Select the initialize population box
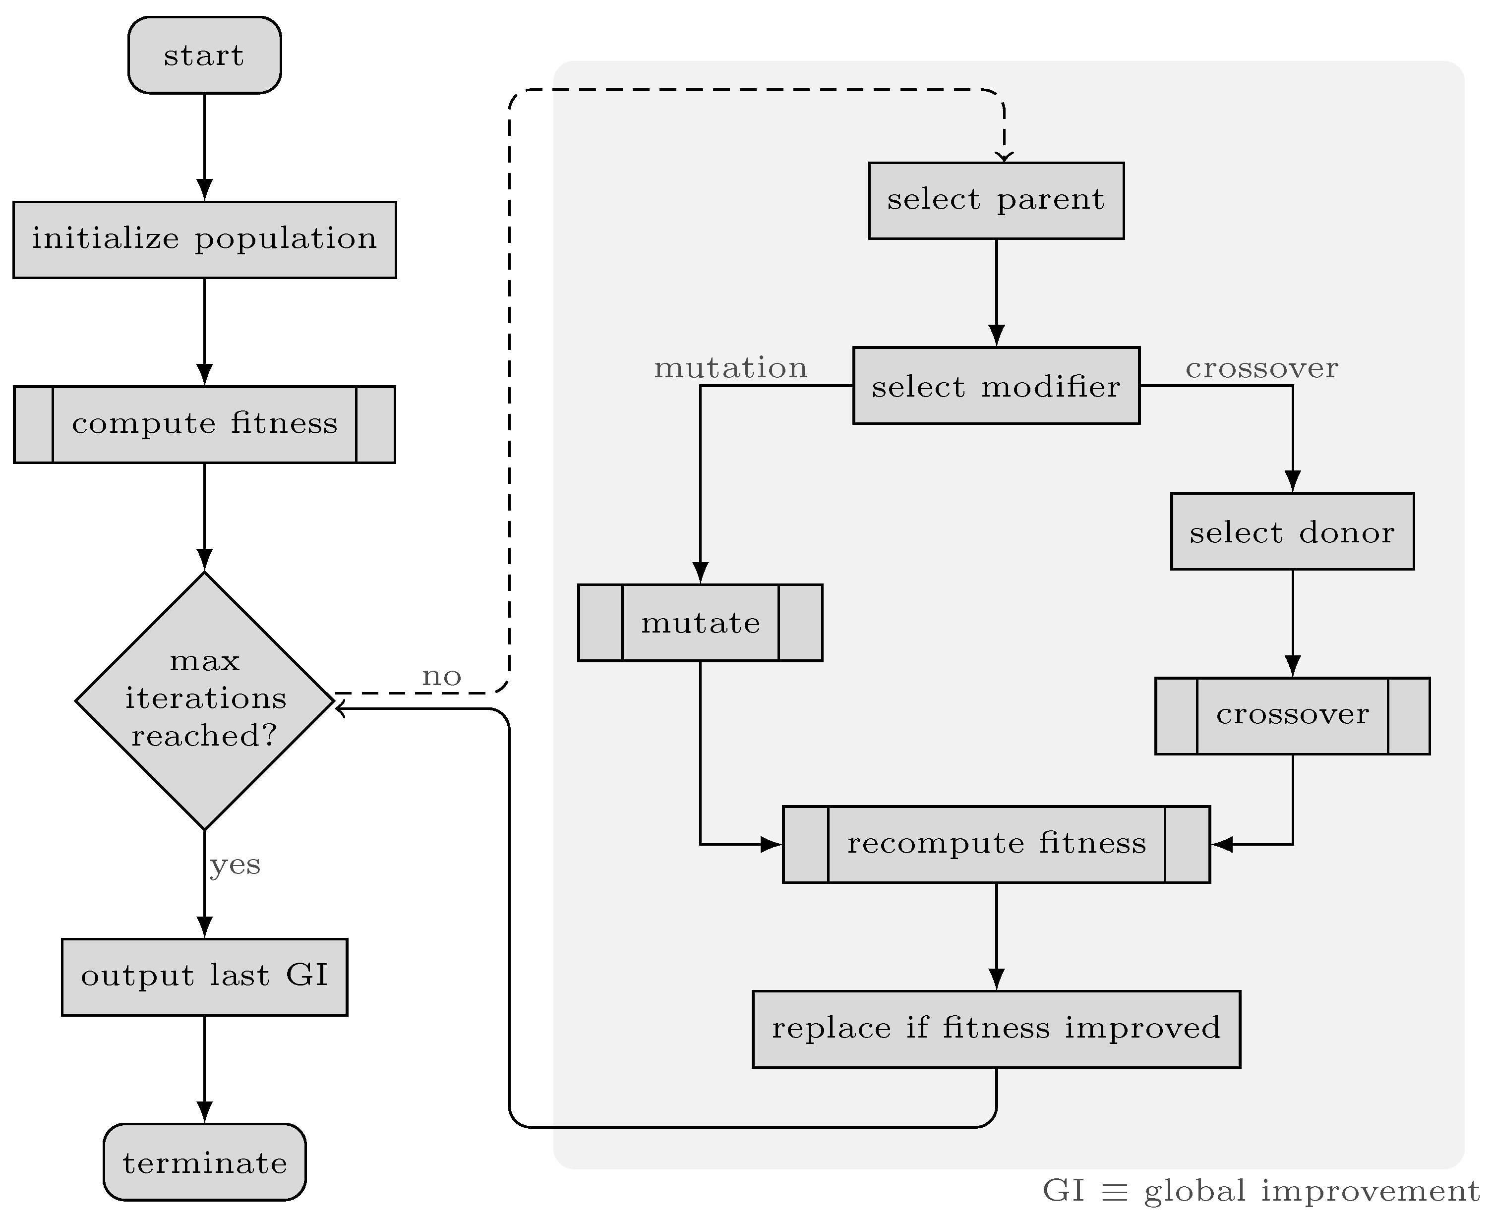(204, 239)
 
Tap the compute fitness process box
(204, 424)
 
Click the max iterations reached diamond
(204, 700)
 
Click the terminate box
(204, 1163)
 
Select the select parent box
(996, 200)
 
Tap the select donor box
(1292, 531)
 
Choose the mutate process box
(700, 623)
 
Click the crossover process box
(1292, 715)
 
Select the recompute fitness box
(996, 844)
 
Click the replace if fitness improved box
(996, 1028)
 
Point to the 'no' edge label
(441, 677)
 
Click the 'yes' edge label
(235, 865)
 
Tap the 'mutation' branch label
(730, 368)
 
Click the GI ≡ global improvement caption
(1260, 1191)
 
